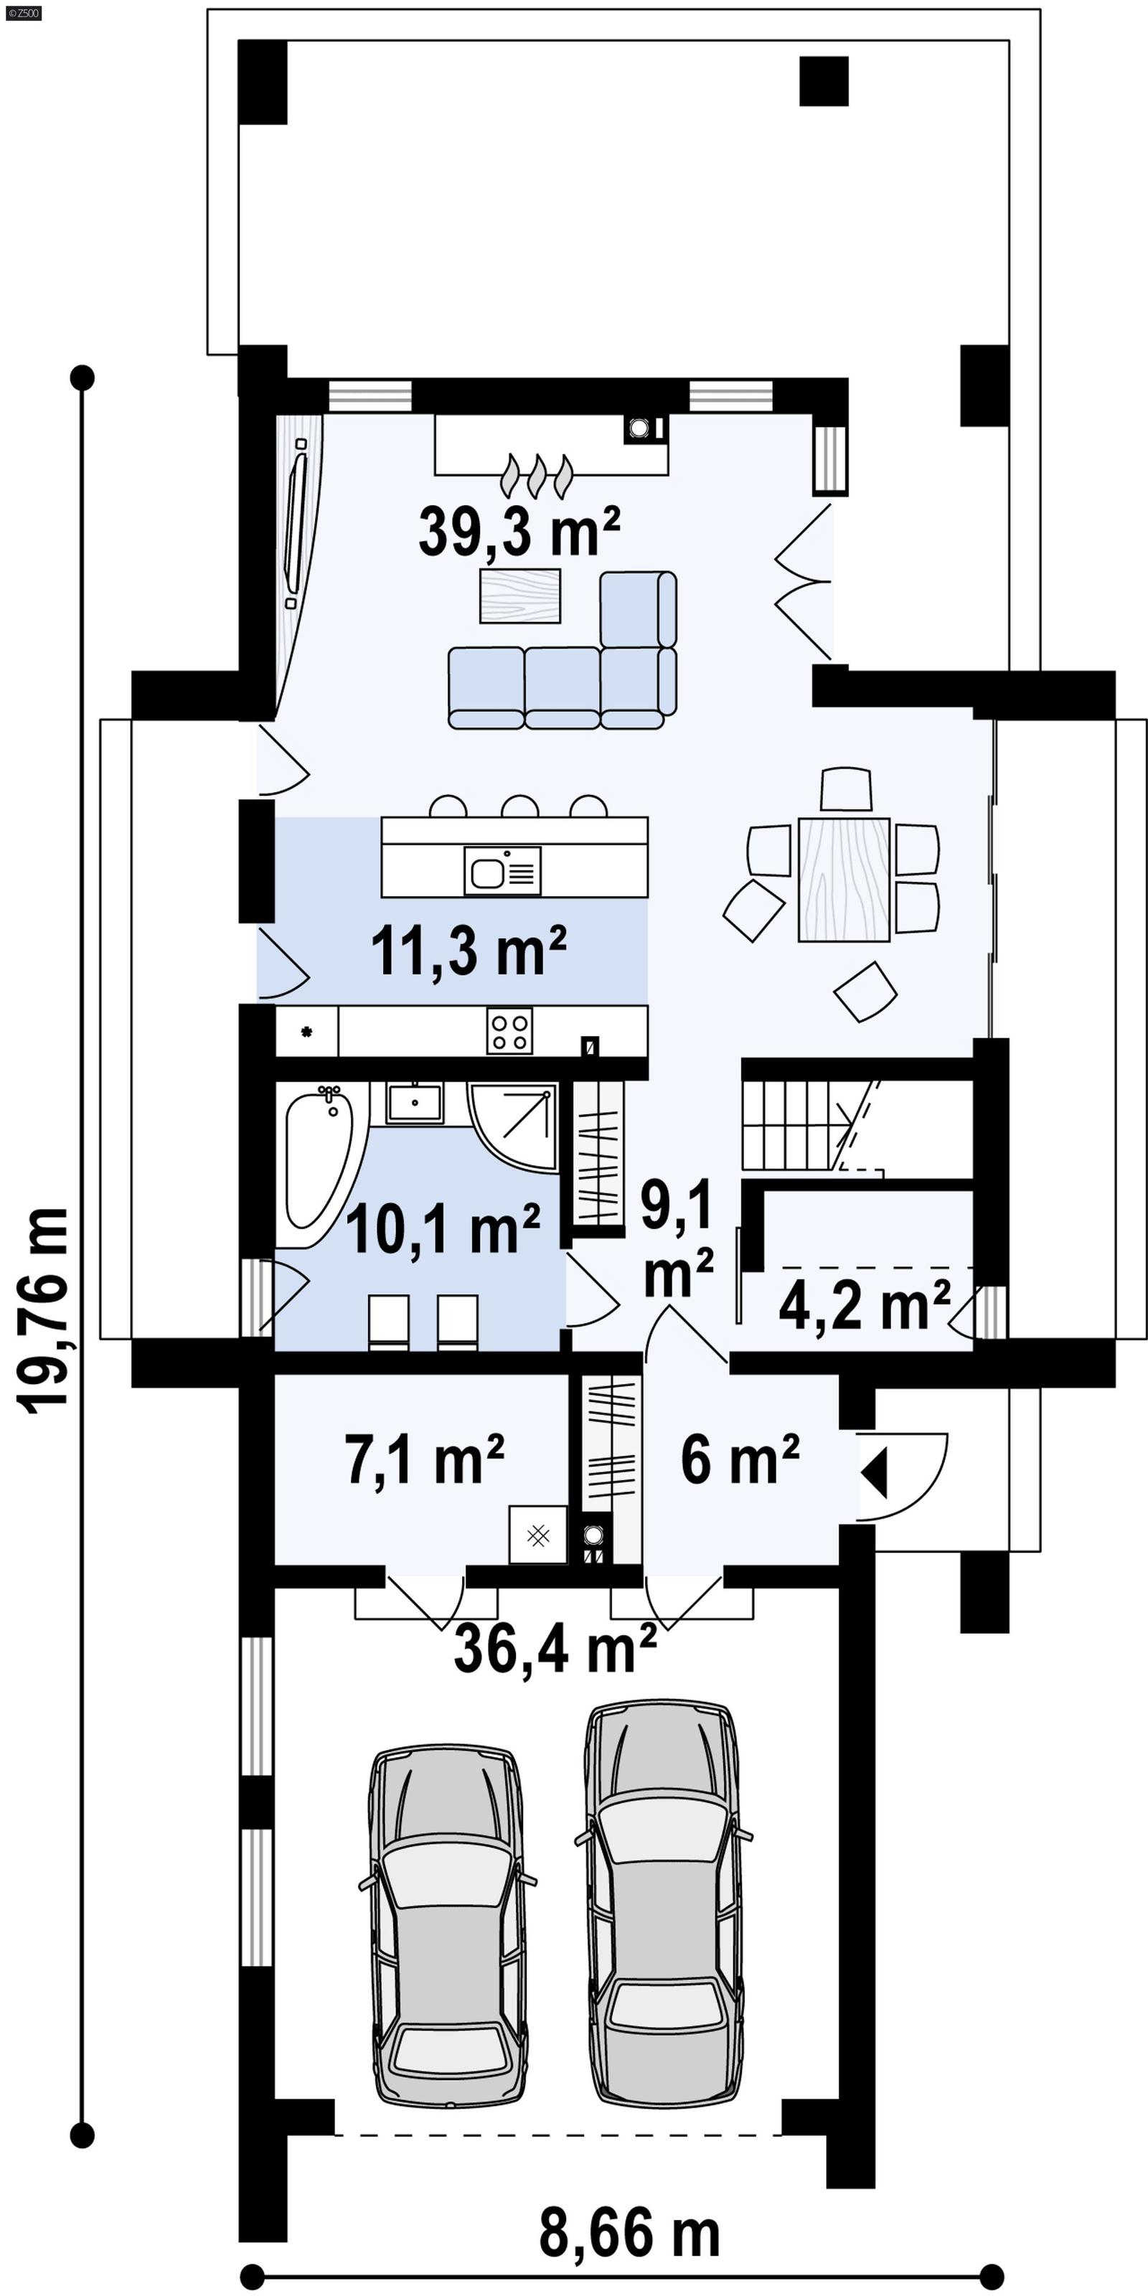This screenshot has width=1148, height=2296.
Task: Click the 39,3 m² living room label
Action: pyautogui.click(x=519, y=532)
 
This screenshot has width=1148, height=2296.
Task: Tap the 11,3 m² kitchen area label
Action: pyautogui.click(x=468, y=952)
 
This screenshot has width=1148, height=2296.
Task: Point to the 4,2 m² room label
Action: pyautogui.click(x=864, y=1305)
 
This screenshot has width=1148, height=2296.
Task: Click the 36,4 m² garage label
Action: pyautogui.click(x=555, y=1648)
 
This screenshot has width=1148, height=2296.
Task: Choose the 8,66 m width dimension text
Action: pyautogui.click(x=629, y=2234)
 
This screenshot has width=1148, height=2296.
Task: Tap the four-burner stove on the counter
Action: pyautogui.click(x=510, y=1031)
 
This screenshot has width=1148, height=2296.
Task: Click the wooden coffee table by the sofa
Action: pyautogui.click(x=519, y=596)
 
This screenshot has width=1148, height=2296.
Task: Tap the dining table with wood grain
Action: pyautogui.click(x=843, y=879)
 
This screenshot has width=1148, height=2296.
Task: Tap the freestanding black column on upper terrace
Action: pyautogui.click(x=823, y=81)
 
